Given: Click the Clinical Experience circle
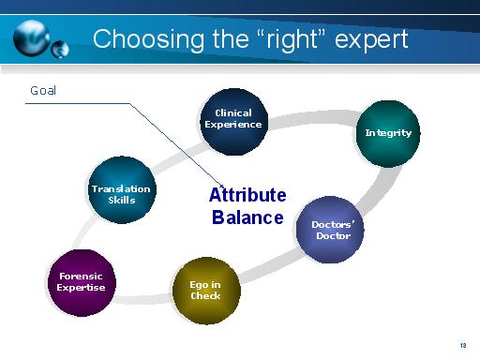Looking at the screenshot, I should click(x=232, y=119).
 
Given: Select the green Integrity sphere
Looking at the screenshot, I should click(x=388, y=133).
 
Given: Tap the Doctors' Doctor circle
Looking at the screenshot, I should click(x=329, y=230).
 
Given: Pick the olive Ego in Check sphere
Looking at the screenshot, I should click(x=205, y=290).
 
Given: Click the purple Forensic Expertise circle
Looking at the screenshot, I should click(x=82, y=281).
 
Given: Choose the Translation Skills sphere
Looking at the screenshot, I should click(x=121, y=193).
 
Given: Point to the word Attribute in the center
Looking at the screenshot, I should click(x=247, y=196).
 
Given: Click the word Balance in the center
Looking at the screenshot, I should click(x=247, y=218).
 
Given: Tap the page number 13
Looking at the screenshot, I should click(x=462, y=344).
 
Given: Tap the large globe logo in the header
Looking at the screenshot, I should click(x=35, y=36).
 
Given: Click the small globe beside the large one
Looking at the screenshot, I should click(x=61, y=48).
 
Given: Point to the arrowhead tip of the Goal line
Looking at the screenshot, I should click(x=224, y=187).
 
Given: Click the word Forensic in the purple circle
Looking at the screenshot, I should click(x=81, y=277).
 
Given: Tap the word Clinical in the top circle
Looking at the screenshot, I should click(x=233, y=113).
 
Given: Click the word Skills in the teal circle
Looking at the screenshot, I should click(x=122, y=199).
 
